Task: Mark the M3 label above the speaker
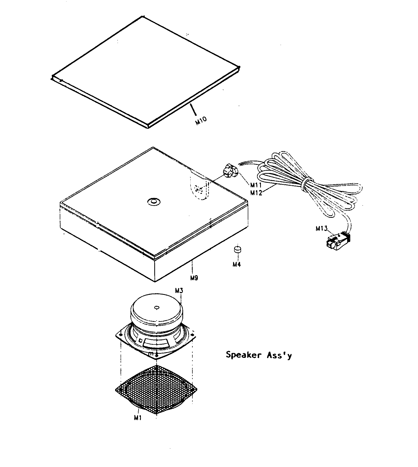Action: [x=179, y=291]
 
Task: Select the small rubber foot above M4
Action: [x=237, y=249]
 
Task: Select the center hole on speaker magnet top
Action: [x=157, y=307]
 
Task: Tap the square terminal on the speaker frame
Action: [x=141, y=340]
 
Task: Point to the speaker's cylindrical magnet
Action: [x=157, y=314]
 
